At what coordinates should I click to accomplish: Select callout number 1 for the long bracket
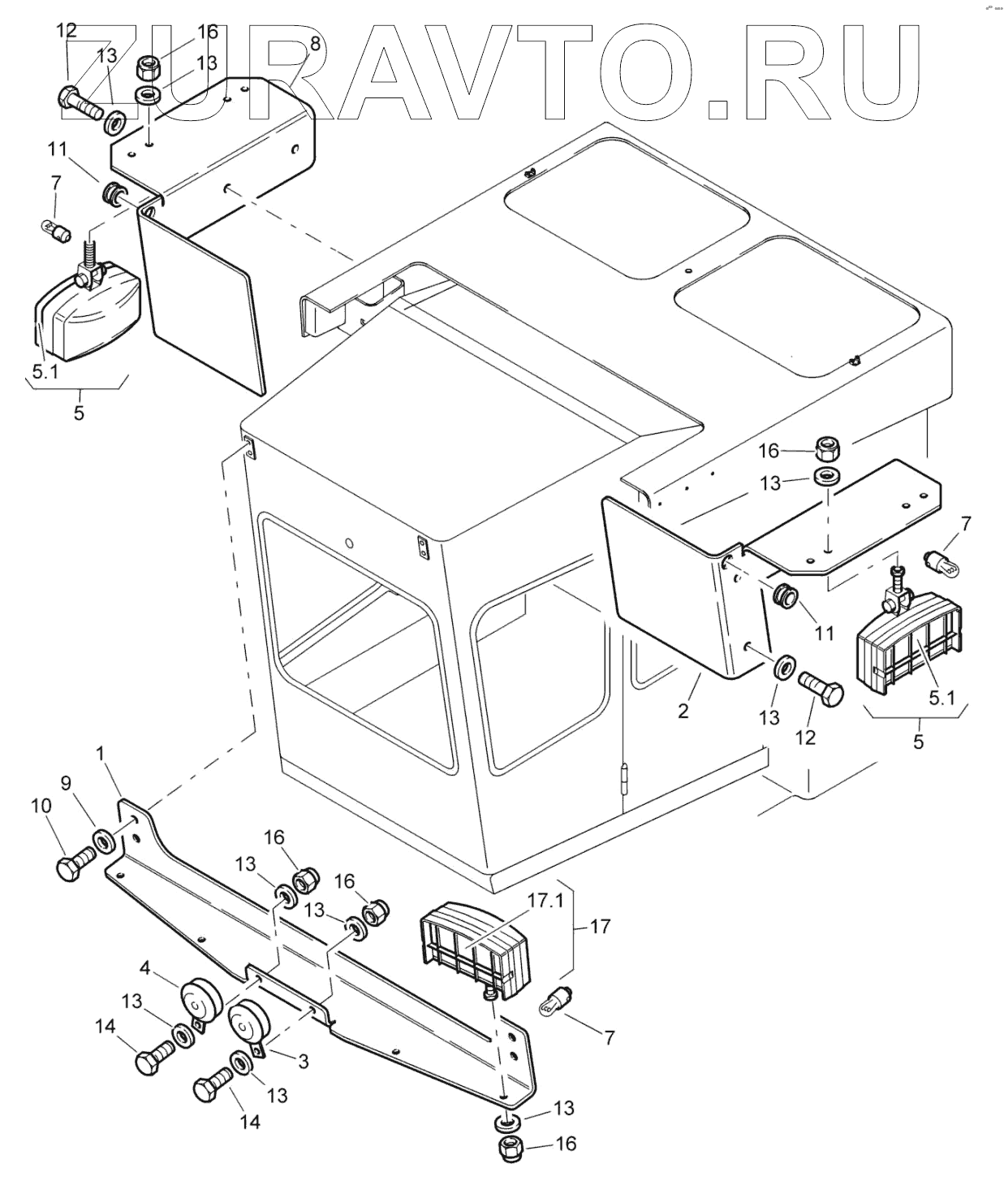(101, 754)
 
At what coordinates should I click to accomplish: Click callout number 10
(41, 807)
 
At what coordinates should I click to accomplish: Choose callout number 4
(144, 968)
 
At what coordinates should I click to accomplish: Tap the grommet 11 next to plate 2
(783, 595)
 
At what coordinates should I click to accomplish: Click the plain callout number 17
(601, 925)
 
